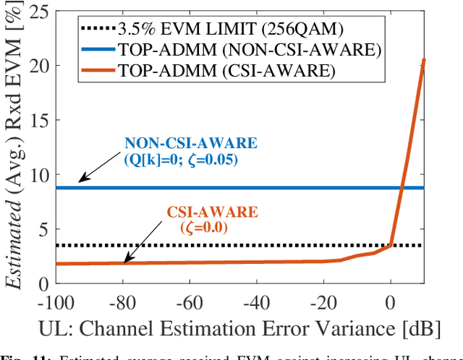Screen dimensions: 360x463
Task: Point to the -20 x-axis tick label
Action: pos(323,299)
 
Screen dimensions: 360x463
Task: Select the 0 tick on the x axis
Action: pos(391,299)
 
